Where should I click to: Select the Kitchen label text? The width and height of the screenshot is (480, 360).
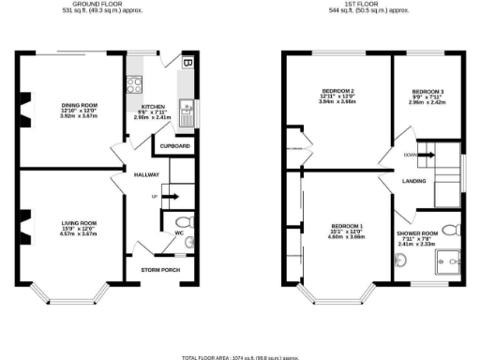155,107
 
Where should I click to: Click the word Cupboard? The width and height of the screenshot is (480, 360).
176,147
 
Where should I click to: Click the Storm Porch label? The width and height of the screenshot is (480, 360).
159,270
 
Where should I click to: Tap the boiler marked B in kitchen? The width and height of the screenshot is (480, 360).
188,64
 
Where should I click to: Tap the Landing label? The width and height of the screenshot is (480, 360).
414,180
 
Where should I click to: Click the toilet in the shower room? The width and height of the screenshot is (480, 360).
449,229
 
